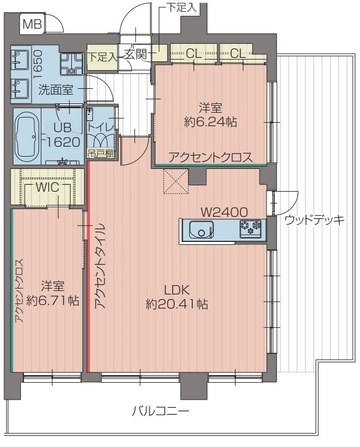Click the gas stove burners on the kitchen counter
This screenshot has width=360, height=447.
coord(251,228)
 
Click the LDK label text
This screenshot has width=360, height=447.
coord(177,289)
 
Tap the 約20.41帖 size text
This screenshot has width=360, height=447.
coord(177,304)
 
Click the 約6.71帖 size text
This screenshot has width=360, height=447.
coord(53,300)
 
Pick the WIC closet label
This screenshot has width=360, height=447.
coord(47,188)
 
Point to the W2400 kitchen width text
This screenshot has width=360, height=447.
coord(224,211)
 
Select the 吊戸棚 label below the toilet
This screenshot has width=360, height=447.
coord(98,154)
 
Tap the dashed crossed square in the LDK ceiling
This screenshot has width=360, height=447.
coord(175,181)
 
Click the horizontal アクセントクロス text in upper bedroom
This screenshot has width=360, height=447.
coord(210,157)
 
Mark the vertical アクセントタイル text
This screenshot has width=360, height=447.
coord(99,266)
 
